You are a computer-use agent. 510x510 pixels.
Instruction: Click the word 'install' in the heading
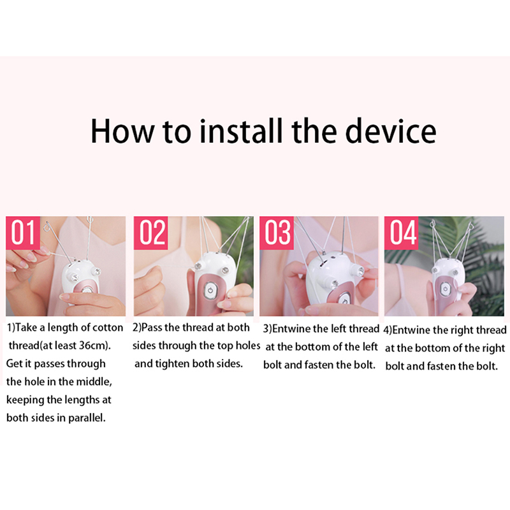[x=241, y=131]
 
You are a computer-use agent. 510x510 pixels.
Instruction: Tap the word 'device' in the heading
[x=390, y=131]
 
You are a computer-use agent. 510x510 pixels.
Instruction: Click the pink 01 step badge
[x=23, y=232]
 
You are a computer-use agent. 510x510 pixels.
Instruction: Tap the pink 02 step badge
[x=150, y=232]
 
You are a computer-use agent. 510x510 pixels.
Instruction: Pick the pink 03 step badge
[x=277, y=232]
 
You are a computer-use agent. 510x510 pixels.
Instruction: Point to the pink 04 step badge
[x=402, y=232]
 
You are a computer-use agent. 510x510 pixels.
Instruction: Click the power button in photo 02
[x=210, y=290]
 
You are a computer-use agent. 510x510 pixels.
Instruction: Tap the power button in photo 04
[x=445, y=289]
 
